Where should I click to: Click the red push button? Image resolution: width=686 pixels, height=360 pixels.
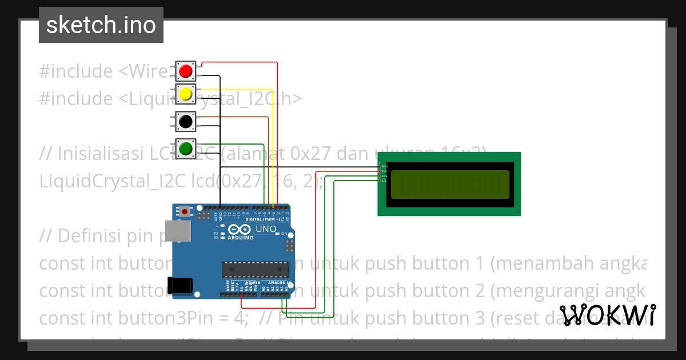185,71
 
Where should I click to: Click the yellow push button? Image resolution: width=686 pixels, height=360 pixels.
185,93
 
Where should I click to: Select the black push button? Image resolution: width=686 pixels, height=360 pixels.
185,121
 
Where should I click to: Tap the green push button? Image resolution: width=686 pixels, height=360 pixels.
185,149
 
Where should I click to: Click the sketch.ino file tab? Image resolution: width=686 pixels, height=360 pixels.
101,25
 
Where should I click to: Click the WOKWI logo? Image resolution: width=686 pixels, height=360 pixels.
607,315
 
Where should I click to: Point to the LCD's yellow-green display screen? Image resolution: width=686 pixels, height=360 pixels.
449,184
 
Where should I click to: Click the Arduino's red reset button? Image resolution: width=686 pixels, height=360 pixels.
185,211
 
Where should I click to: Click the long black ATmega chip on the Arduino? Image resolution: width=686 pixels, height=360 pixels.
256,268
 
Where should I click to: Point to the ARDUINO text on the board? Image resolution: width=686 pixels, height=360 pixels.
241,237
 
